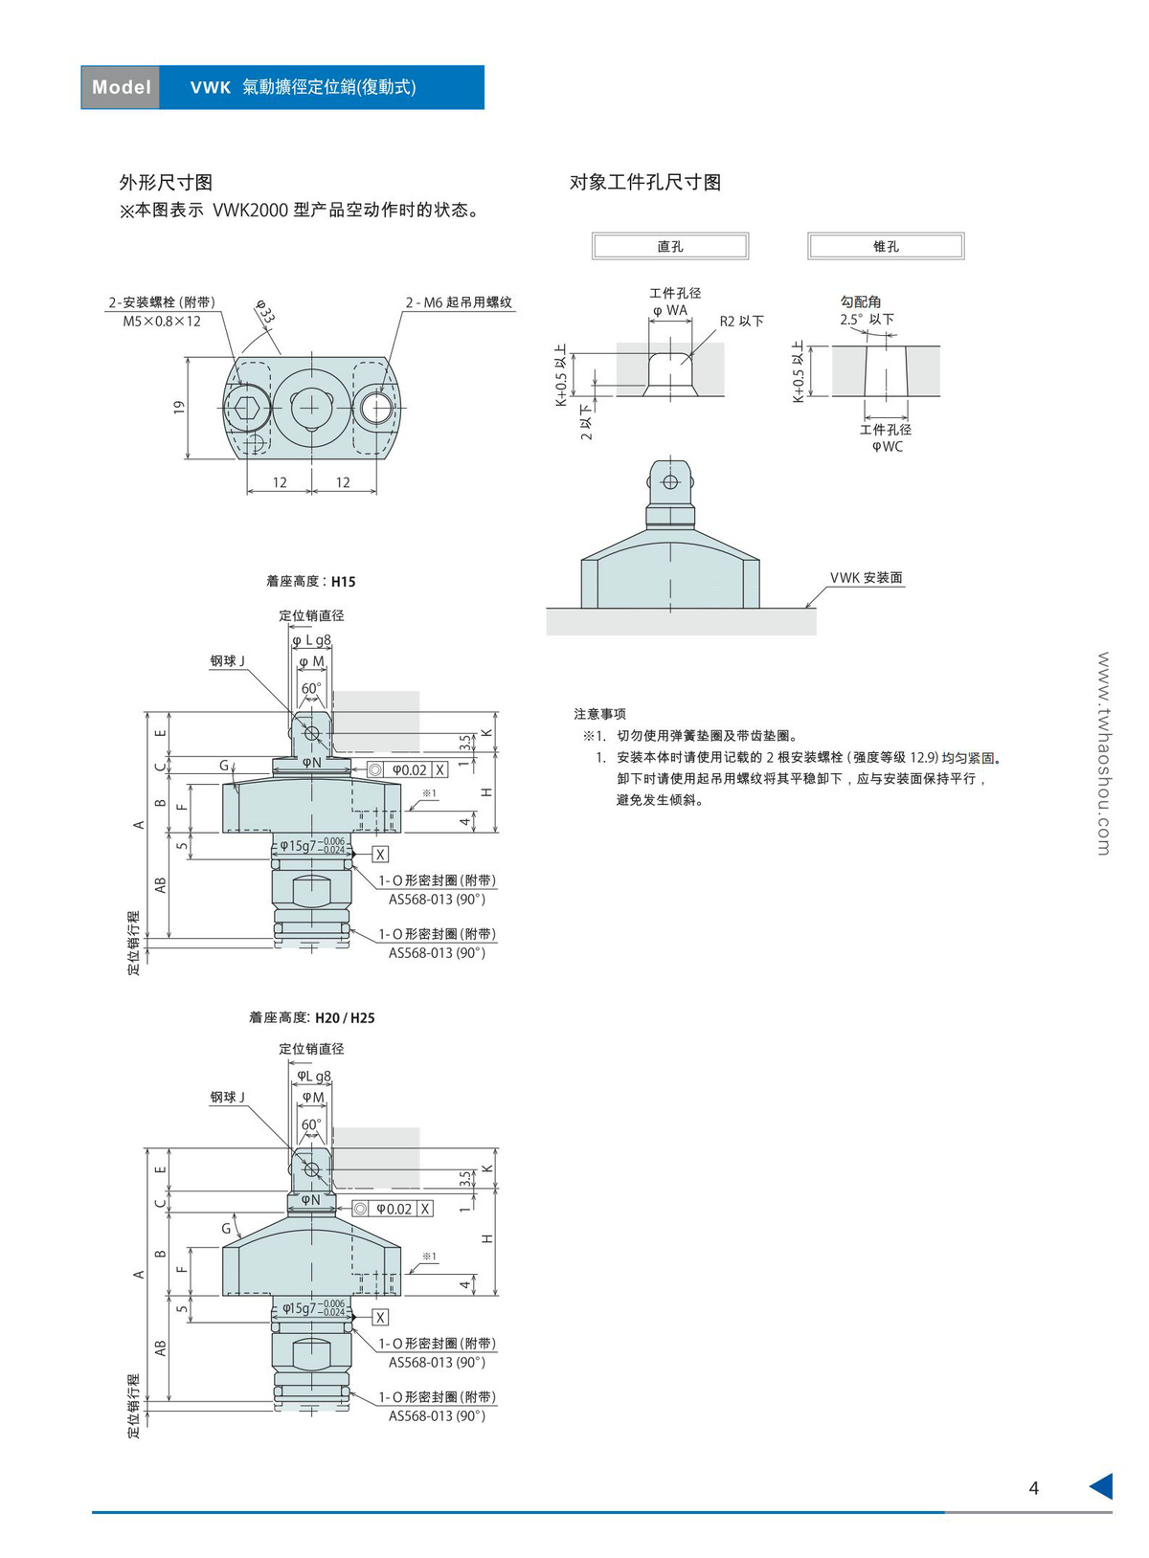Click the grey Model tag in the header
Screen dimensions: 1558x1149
point(121,87)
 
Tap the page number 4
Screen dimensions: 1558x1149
point(1033,1487)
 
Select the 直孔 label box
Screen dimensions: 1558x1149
point(670,246)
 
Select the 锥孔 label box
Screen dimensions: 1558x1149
point(886,246)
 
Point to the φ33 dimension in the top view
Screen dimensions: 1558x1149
point(264,312)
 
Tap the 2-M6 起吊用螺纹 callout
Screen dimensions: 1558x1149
point(459,302)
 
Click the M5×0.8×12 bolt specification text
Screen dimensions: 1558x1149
point(162,322)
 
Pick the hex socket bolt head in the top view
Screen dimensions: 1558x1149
point(247,408)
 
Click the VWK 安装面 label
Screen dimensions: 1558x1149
point(866,578)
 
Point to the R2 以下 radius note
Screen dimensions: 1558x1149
point(741,322)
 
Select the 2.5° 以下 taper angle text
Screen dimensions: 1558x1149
point(867,320)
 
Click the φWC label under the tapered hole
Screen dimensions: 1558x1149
point(887,447)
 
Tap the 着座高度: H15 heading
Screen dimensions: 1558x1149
point(310,581)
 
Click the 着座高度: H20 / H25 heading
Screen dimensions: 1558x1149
point(311,1017)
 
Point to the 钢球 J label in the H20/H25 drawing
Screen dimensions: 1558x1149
point(228,1097)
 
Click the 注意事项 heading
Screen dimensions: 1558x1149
point(599,714)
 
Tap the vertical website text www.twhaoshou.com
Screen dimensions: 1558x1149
point(1103,753)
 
